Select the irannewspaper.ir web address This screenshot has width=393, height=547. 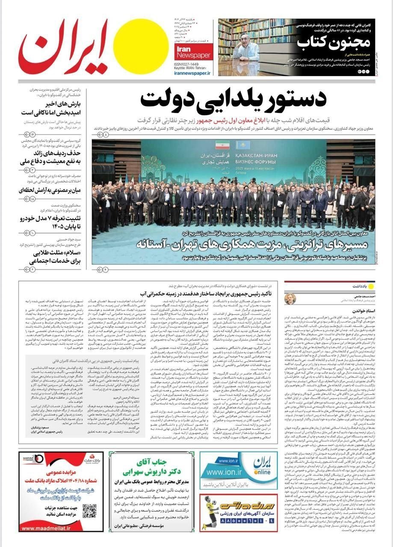click(193, 73)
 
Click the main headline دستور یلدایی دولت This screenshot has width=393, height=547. click(233, 101)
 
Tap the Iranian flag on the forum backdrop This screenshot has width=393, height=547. click(222, 145)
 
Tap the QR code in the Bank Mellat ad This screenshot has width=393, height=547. click(89, 511)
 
